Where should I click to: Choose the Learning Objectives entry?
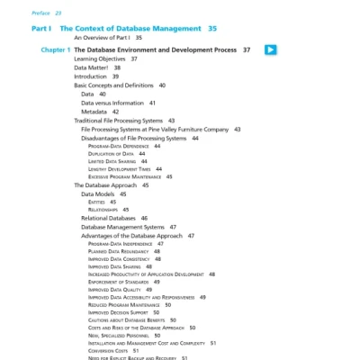99,58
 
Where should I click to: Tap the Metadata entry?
95,112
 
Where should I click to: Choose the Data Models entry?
100,193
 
